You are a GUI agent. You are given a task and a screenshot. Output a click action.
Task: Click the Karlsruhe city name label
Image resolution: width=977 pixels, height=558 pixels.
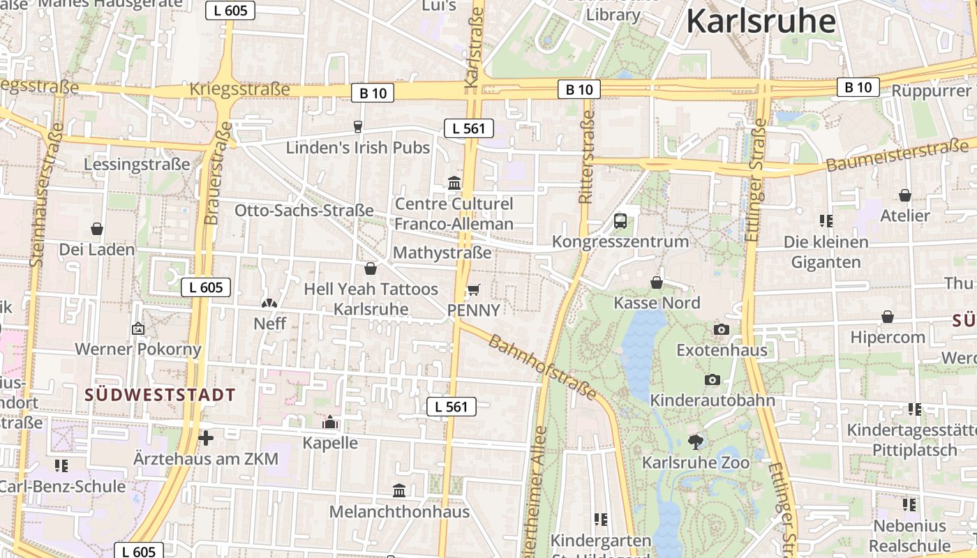761,21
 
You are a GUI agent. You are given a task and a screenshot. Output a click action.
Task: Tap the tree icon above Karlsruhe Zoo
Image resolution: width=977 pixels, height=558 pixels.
695,441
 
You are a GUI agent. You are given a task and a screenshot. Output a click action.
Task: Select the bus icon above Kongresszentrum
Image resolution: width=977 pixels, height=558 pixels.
620,221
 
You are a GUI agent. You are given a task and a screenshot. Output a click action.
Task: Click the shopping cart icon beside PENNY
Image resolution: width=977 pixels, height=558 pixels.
473,289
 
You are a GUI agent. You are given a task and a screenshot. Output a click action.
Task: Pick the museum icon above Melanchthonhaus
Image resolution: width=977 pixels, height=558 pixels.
399,490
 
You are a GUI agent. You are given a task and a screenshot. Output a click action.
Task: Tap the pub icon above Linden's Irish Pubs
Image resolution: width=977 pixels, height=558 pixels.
358,126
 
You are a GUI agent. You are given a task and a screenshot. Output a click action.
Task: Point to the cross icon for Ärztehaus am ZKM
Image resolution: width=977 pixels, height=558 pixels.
205,438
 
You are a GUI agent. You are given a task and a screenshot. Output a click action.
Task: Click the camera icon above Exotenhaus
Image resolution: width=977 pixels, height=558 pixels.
722,329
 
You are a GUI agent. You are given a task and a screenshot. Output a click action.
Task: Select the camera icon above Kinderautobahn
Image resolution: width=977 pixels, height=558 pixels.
712,379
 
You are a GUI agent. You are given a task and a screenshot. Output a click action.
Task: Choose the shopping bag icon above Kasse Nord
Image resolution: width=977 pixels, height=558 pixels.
657,282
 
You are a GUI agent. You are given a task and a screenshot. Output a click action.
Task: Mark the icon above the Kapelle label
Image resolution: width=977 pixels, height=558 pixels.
329,422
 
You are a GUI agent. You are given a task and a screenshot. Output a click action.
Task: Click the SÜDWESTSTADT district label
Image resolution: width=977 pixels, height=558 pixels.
160,395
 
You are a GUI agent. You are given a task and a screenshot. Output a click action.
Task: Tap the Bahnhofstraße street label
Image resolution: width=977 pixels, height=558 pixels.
542,368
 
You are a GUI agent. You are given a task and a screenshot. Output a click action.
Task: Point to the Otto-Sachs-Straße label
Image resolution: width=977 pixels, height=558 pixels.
304,211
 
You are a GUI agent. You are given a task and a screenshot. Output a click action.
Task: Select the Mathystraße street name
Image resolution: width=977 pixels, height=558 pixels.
442,252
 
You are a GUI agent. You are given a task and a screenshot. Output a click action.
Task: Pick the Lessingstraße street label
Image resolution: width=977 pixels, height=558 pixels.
137,165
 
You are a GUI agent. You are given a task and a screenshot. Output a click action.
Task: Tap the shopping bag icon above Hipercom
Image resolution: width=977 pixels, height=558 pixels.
887,317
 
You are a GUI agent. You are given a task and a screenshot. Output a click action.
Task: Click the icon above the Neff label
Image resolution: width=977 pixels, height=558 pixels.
269,303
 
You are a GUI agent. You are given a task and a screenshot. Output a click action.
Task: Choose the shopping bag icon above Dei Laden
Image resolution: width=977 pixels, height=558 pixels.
97,229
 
